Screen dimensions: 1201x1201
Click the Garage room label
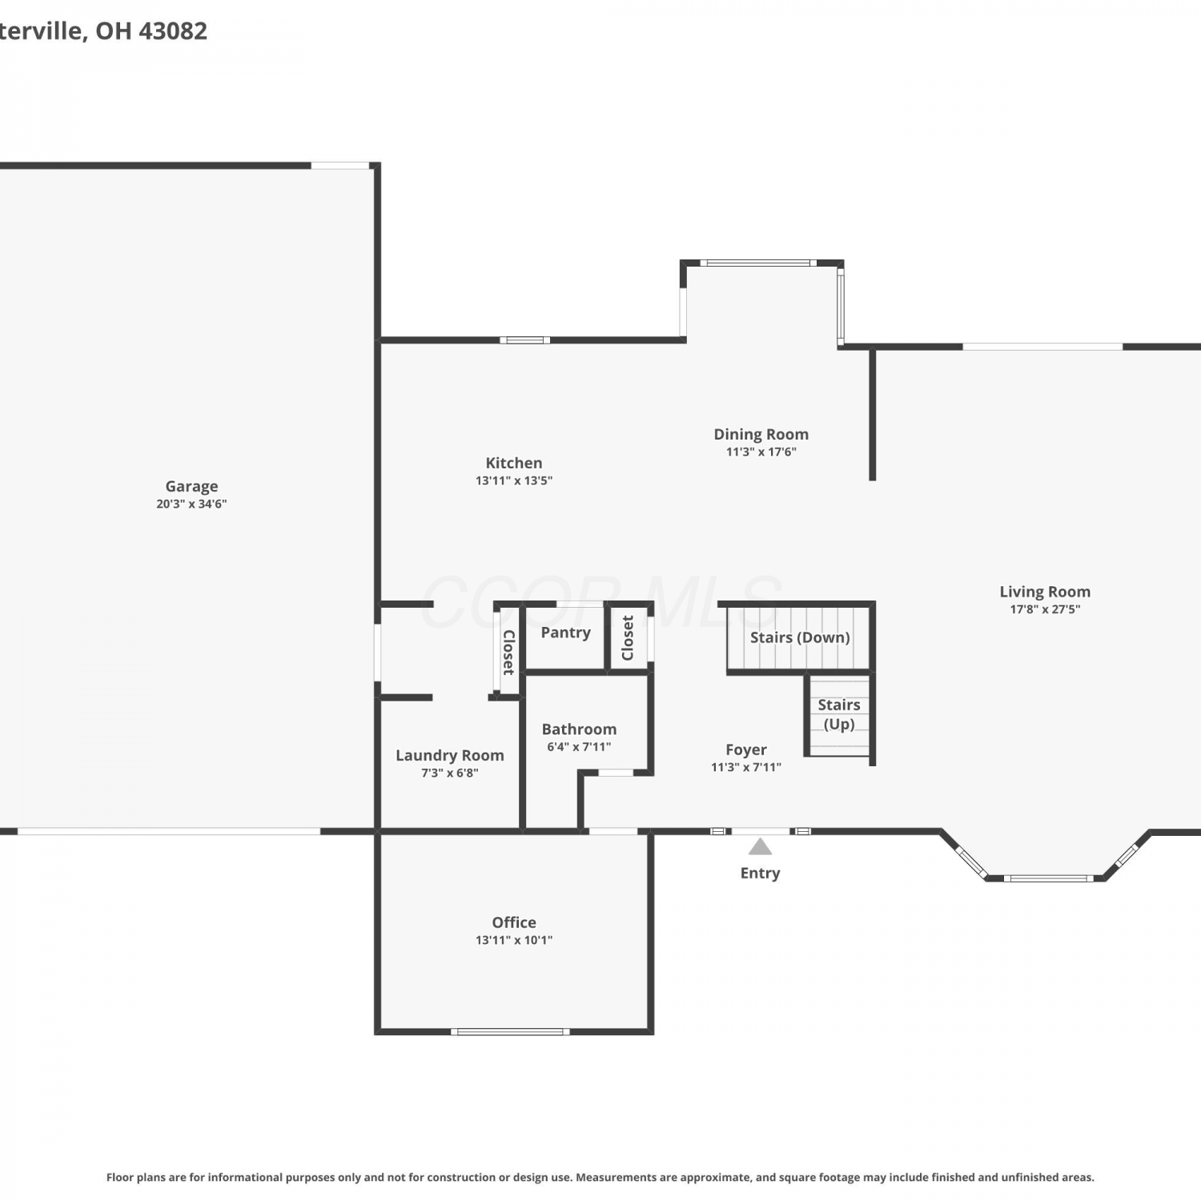click(x=191, y=486)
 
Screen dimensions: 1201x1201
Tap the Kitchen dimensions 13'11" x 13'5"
click(x=514, y=480)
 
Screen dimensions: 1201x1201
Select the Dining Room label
click(x=761, y=434)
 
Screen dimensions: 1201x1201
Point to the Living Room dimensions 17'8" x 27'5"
click(x=1045, y=609)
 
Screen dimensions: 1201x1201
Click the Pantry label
click(x=566, y=633)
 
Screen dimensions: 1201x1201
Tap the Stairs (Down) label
click(x=800, y=637)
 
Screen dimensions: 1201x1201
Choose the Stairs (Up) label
click(x=839, y=714)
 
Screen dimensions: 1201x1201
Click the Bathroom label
click(x=579, y=729)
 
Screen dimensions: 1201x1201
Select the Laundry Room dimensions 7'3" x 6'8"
click(x=450, y=773)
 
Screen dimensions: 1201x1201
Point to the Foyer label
click(x=746, y=749)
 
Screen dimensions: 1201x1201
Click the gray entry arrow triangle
click(x=760, y=847)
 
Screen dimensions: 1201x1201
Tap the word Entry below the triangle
click(x=760, y=873)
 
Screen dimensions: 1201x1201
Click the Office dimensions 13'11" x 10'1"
click(x=514, y=940)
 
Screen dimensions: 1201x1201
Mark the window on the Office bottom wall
click(x=510, y=1032)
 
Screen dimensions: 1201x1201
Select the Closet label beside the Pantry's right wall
click(x=628, y=638)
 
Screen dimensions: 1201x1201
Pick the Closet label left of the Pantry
click(x=508, y=652)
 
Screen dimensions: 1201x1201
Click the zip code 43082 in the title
click(x=173, y=30)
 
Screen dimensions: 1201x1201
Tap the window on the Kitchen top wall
click(x=525, y=340)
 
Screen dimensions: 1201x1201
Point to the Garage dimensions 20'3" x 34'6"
click(x=191, y=504)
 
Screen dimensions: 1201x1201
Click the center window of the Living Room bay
click(x=1045, y=878)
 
